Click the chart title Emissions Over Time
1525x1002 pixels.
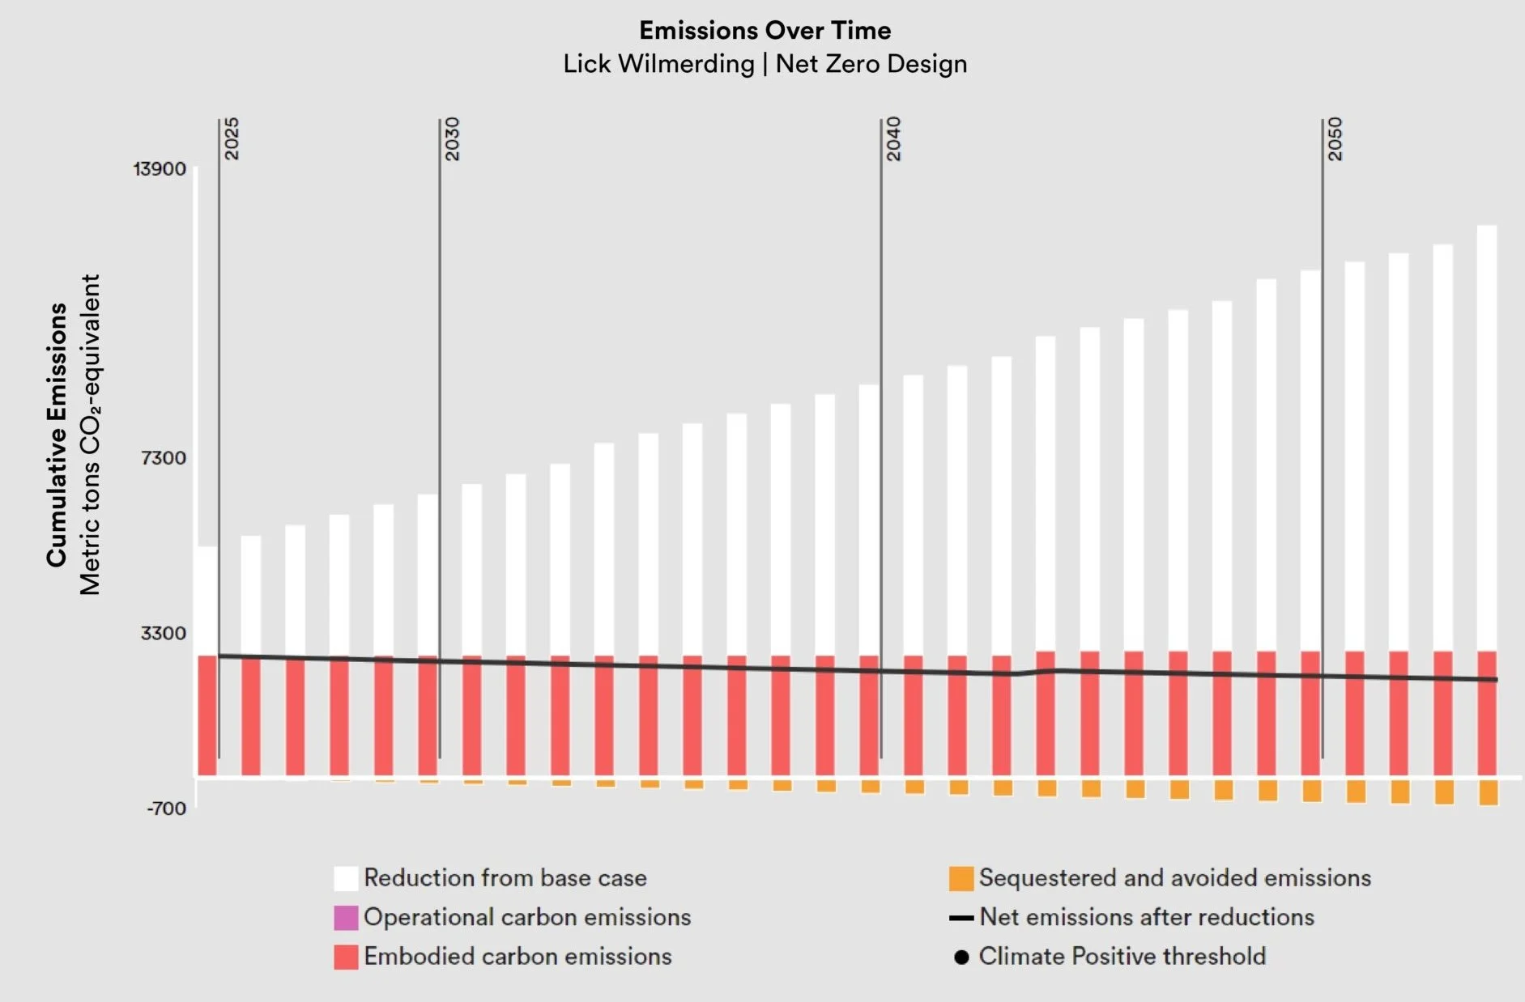pos(765,31)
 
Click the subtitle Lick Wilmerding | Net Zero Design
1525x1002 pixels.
pos(765,64)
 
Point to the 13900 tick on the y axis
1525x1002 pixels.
pos(160,169)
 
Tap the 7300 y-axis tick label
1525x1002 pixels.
pos(163,458)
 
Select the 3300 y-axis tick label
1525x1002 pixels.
pos(163,633)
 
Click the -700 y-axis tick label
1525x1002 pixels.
pos(166,808)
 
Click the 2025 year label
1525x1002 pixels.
pos(231,138)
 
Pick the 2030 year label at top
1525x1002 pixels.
pos(452,138)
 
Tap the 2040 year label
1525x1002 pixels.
pos(893,138)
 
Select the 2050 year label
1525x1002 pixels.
pos(1335,138)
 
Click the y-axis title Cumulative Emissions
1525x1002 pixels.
pos(56,435)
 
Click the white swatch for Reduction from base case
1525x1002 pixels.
pos(346,878)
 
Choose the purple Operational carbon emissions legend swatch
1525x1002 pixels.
pos(346,918)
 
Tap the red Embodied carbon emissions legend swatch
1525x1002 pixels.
pos(346,957)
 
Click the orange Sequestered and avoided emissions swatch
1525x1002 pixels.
pos(961,878)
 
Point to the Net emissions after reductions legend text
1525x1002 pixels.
pos(1146,917)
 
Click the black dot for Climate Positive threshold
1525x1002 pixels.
pos(961,957)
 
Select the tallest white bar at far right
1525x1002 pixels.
pos(1487,437)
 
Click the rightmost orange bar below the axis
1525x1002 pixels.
pos(1488,792)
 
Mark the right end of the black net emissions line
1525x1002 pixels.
pos(1496,680)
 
